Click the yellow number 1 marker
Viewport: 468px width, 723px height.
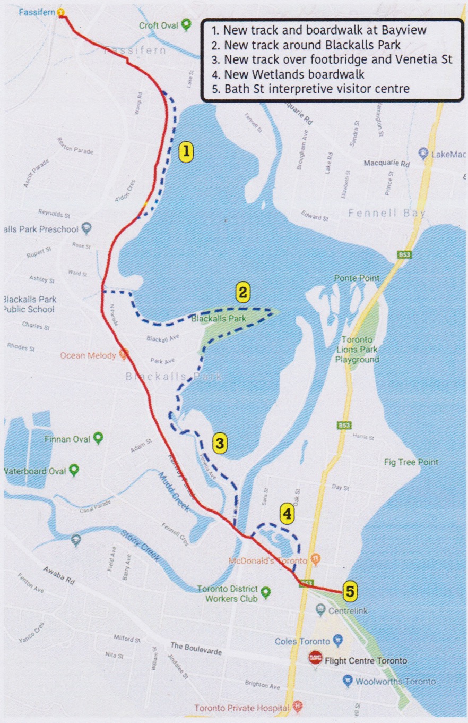coord(185,152)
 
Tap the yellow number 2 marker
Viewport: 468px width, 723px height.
coord(242,292)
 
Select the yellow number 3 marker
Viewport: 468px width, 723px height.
coord(221,442)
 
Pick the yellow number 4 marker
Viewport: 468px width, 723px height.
coord(287,514)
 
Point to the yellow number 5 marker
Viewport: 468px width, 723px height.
coord(349,590)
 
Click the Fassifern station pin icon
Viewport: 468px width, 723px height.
coord(62,12)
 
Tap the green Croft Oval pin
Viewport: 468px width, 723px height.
coord(186,24)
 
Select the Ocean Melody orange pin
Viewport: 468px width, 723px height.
coord(124,354)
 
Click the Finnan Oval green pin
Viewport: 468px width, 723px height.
coord(98,439)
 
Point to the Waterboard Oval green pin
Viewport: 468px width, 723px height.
coord(74,470)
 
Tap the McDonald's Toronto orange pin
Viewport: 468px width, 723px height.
coord(316,559)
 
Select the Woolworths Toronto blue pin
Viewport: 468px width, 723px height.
coord(348,681)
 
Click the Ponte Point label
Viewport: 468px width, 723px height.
coord(357,278)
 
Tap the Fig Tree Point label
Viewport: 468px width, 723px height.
coord(411,462)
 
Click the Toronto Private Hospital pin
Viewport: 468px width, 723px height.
coord(298,707)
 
